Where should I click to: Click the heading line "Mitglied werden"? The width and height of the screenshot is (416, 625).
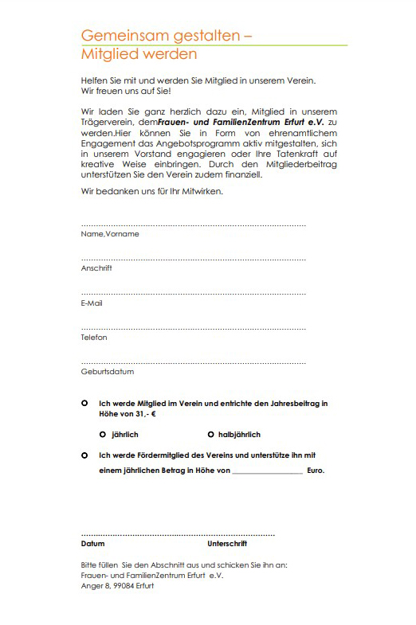(139, 55)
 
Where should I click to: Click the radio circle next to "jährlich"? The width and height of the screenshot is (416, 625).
(103, 435)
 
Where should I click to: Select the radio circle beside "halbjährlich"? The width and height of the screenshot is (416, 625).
(210, 435)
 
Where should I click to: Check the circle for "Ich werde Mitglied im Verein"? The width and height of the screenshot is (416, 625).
(84, 404)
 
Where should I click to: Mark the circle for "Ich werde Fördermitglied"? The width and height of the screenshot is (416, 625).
(84, 455)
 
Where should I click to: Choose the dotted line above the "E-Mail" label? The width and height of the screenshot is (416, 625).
(193, 295)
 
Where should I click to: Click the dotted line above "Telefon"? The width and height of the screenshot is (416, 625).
(193, 329)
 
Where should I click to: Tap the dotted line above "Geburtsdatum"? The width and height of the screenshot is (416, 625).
(193, 363)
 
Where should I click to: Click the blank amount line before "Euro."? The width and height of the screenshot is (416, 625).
(268, 473)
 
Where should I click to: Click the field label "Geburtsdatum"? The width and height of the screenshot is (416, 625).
(108, 372)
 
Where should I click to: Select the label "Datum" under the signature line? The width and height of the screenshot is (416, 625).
(92, 544)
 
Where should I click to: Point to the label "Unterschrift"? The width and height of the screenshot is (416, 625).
(227, 544)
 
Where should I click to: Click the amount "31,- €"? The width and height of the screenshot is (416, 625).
(144, 415)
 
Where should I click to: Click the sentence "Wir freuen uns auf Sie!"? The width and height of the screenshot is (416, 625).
(120, 91)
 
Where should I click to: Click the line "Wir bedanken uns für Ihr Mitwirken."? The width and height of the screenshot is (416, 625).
(152, 191)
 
